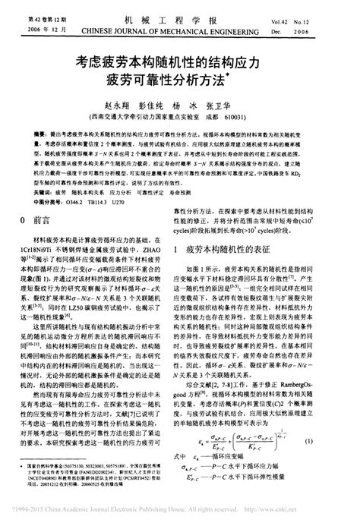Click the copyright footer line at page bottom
point(180,516)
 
